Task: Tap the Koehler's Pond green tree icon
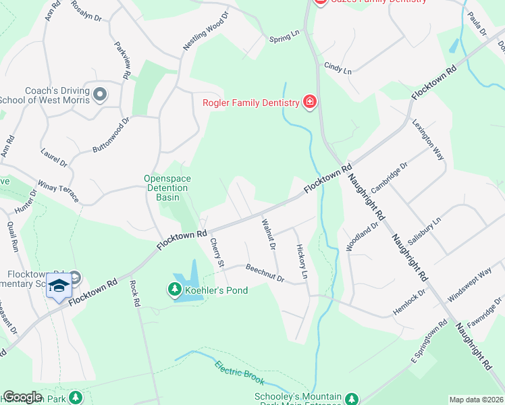click(174, 290)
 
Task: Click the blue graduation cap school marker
click(59, 286)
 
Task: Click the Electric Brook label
click(237, 375)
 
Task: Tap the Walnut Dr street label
click(268, 234)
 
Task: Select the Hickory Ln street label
click(302, 262)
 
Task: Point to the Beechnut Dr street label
click(265, 273)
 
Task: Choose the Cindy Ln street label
click(338, 68)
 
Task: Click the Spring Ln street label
click(284, 36)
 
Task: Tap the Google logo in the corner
click(22, 397)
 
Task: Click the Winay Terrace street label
click(59, 190)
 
